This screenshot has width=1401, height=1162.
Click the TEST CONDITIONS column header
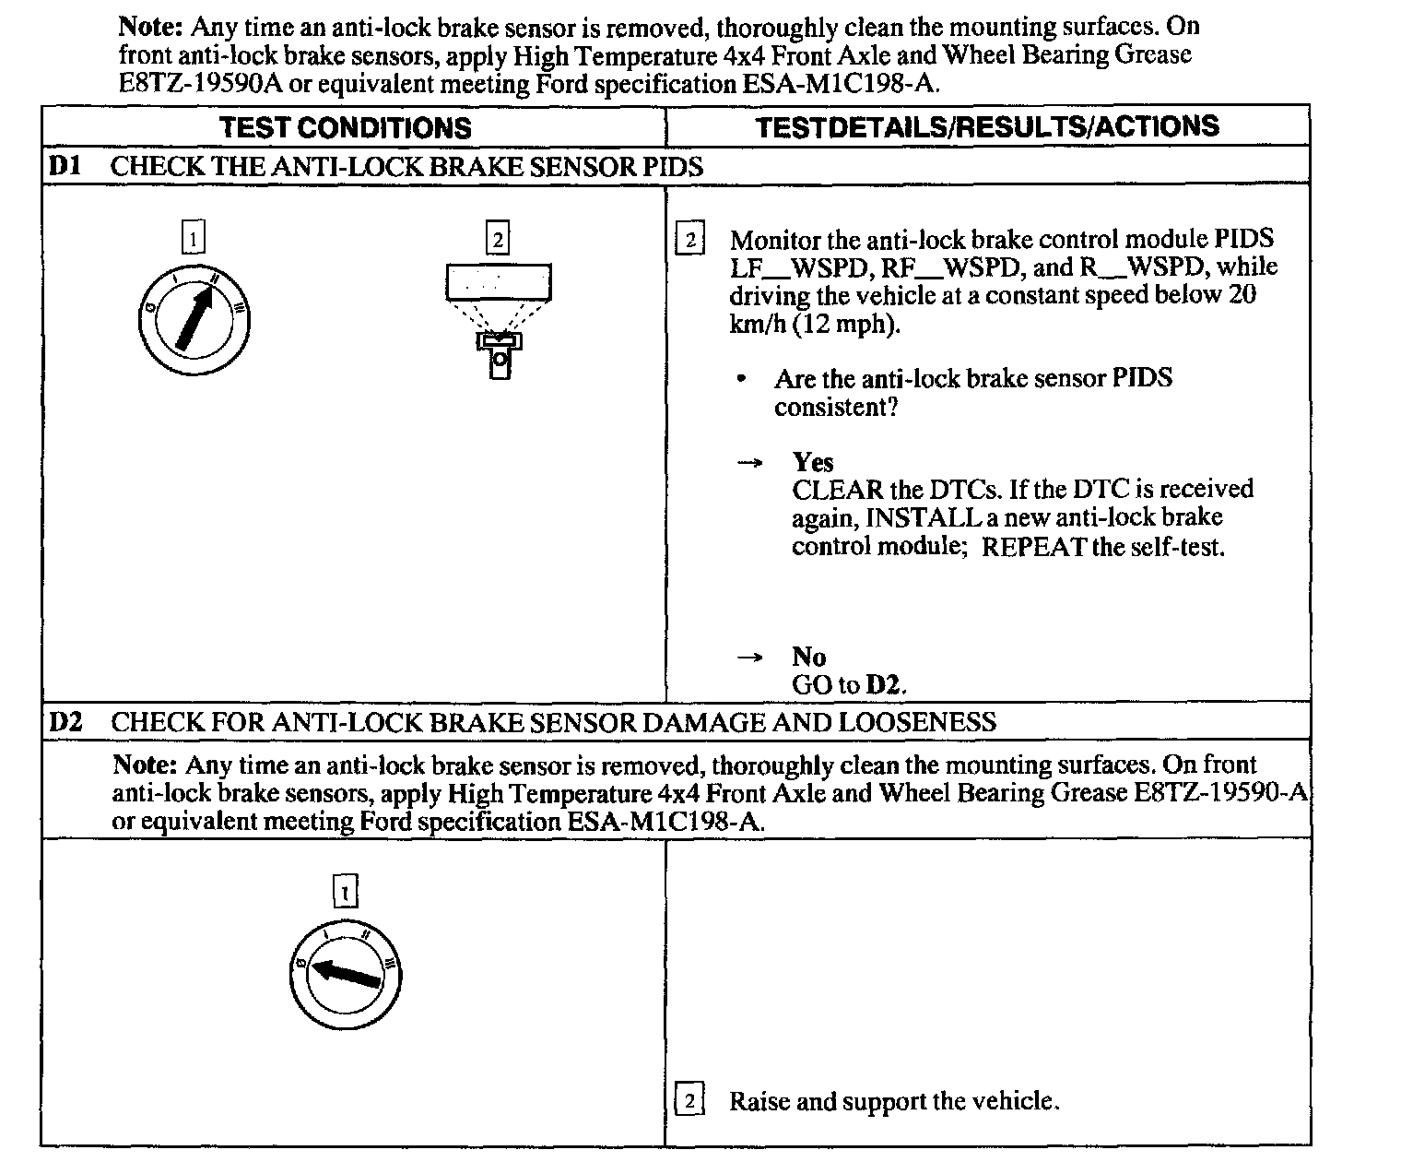346,127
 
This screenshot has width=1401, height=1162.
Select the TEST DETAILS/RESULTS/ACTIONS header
987,126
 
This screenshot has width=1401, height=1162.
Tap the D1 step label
65,166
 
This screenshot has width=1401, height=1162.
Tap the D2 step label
65,721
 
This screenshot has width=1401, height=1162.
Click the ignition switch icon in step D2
345,973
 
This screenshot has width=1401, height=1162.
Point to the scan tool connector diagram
499,318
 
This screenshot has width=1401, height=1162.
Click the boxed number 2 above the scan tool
498,240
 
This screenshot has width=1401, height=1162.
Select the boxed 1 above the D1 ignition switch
193,239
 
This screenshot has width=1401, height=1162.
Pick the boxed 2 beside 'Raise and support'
689,1100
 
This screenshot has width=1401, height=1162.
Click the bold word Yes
812,461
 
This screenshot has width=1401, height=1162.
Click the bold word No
808,657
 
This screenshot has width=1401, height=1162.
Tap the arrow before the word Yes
750,462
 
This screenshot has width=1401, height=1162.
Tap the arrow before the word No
750,658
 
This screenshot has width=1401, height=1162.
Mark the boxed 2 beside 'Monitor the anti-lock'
689,240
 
